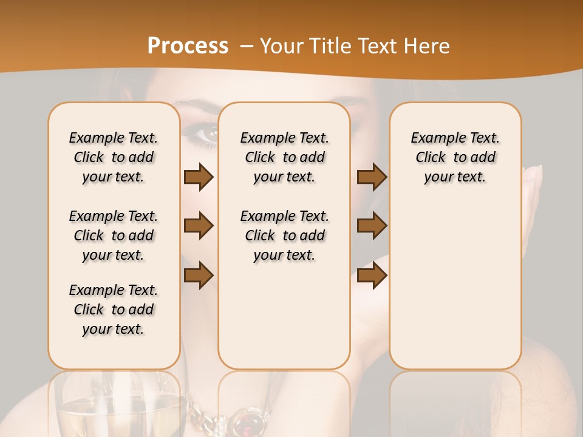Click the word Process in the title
188,46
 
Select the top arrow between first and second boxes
199,177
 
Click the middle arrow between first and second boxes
199,226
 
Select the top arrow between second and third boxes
372,177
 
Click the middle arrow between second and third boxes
372,226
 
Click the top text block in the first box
114,157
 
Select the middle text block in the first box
114,235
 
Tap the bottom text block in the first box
114,310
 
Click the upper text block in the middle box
284,157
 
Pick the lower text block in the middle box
284,235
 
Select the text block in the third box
455,157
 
